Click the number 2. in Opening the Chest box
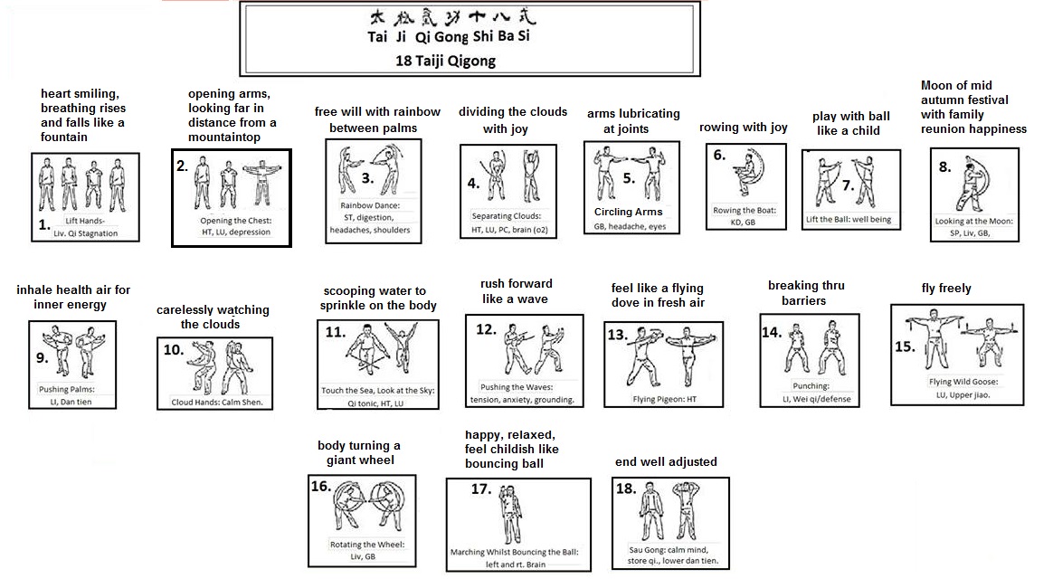[x=183, y=166]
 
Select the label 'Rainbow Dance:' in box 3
[x=365, y=205]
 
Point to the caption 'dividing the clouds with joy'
[x=512, y=120]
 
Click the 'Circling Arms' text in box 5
[x=628, y=212]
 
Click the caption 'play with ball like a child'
[x=850, y=123]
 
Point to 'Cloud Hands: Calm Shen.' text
[x=217, y=403]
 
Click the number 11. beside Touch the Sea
[x=335, y=332]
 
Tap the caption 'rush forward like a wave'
[x=516, y=291]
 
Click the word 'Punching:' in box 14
[x=810, y=385]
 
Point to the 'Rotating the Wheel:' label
[x=366, y=545]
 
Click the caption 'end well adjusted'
[x=666, y=461]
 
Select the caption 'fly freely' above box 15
[x=946, y=289]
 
